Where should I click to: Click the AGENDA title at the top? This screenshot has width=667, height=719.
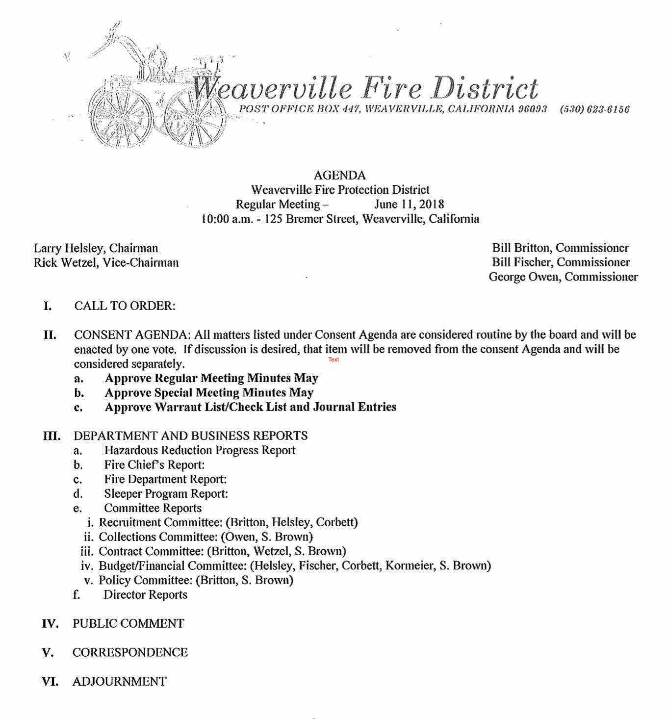pos(339,176)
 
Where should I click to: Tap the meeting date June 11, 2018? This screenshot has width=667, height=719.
pos(409,205)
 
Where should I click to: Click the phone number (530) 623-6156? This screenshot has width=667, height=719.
pos(594,109)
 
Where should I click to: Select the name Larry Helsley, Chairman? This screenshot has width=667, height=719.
pos(96,248)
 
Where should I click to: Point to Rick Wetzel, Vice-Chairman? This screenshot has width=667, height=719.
pos(106,263)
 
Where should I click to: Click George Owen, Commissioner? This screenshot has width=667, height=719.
pos(563,277)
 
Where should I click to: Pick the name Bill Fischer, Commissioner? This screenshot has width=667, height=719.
pos(561,262)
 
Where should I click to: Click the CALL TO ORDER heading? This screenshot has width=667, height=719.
pos(125,306)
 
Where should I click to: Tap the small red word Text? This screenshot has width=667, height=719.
pos(333,359)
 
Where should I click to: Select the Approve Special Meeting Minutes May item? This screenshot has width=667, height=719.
pos(209,393)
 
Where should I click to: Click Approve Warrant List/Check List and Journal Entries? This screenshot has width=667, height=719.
pos(250,407)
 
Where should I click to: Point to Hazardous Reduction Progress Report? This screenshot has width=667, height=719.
pos(200,450)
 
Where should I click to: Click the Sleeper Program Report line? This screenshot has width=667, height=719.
pos(166,494)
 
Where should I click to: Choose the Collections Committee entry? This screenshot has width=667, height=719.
pos(205,537)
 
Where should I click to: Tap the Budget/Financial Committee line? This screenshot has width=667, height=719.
pos(294,566)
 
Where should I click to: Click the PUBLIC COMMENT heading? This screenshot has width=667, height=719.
pos(128,624)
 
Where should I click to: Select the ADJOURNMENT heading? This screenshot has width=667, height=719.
pos(119,682)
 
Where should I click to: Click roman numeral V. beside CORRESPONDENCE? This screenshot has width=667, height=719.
pos(48,653)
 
